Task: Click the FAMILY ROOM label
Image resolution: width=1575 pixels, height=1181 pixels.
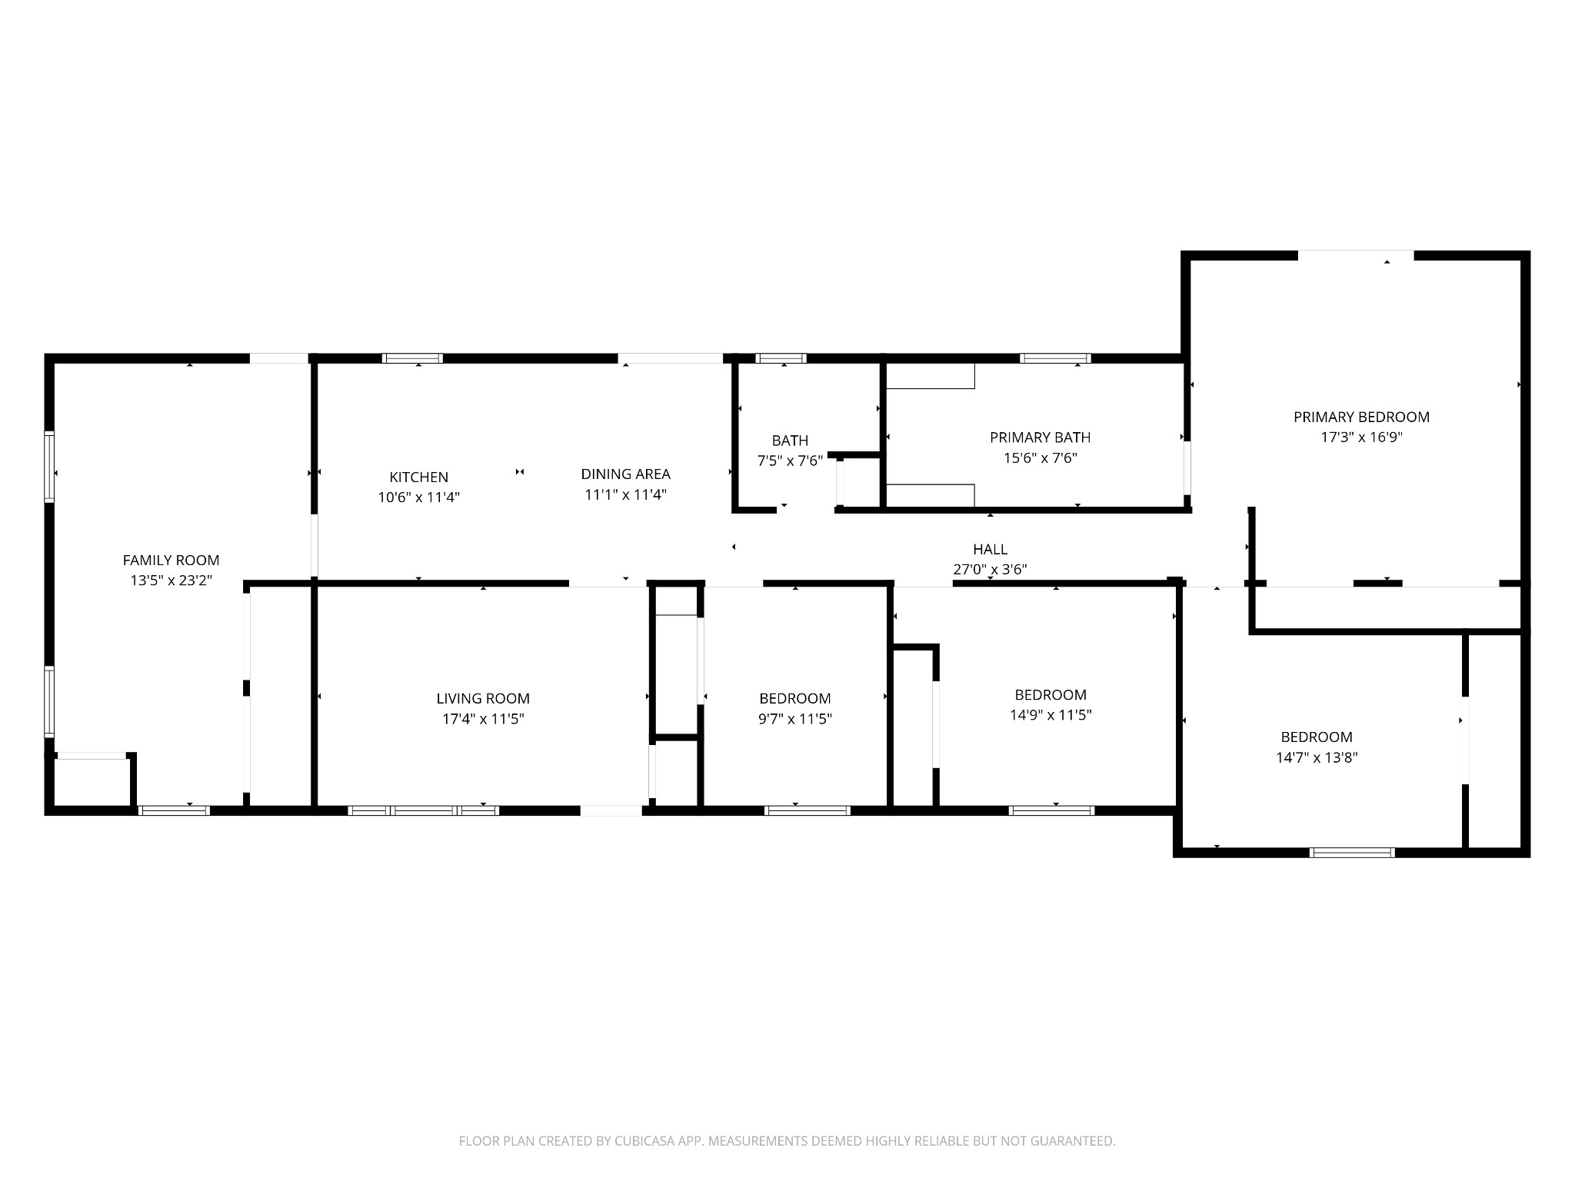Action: point(171,560)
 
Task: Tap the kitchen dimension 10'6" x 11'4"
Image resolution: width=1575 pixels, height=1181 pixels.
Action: point(418,497)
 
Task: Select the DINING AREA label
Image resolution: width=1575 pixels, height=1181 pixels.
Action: point(625,474)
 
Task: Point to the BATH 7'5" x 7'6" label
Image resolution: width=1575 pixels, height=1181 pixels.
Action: point(790,451)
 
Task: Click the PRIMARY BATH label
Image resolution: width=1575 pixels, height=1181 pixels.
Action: point(1040,437)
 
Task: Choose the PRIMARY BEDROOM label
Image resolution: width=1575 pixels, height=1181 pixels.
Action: point(1361,417)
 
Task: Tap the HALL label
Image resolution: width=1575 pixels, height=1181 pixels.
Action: point(990,549)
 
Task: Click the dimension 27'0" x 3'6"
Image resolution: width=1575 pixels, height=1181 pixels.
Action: point(990,570)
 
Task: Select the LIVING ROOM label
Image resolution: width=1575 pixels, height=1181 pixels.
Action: point(483,698)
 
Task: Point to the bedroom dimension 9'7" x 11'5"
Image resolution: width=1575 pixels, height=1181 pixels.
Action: point(794,719)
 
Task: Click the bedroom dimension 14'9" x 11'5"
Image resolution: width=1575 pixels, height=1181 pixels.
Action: point(1051,715)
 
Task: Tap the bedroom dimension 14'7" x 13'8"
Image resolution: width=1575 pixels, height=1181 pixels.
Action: point(1317,757)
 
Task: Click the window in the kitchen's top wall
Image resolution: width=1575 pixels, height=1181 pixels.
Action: point(413,358)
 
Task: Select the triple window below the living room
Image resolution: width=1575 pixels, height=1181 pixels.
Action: point(423,810)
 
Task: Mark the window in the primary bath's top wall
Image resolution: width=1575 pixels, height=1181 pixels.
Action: point(1055,358)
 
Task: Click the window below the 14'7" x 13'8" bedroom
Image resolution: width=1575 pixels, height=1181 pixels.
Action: point(1351,852)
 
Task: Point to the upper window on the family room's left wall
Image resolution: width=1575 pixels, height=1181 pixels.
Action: point(49,467)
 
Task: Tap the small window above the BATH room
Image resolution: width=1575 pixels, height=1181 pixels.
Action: point(781,358)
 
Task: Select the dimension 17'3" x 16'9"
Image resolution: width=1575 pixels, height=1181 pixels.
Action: point(1361,437)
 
